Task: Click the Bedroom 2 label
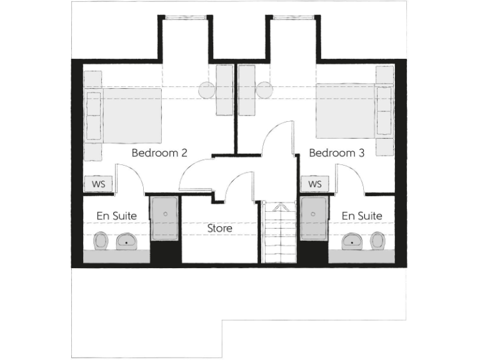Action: pyautogui.click(x=160, y=152)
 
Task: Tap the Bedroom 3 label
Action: pyautogui.click(x=337, y=152)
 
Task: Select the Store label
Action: pyautogui.click(x=220, y=228)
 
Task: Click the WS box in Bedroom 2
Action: pyautogui.click(x=98, y=184)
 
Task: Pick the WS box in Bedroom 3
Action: pyautogui.click(x=315, y=184)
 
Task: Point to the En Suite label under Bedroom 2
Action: pyautogui.click(x=116, y=216)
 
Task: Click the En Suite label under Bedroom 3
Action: pyautogui.click(x=362, y=216)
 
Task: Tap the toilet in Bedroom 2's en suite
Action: pyautogui.click(x=101, y=241)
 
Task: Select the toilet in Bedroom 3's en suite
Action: pyautogui.click(x=377, y=240)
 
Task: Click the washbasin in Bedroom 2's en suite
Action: pyautogui.click(x=127, y=241)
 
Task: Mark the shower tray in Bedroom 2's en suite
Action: pyautogui.click(x=165, y=218)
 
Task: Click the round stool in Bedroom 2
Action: pyautogui.click(x=207, y=90)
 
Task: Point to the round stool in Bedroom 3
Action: pyautogui.click(x=264, y=90)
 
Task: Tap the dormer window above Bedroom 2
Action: pyautogui.click(x=184, y=17)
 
